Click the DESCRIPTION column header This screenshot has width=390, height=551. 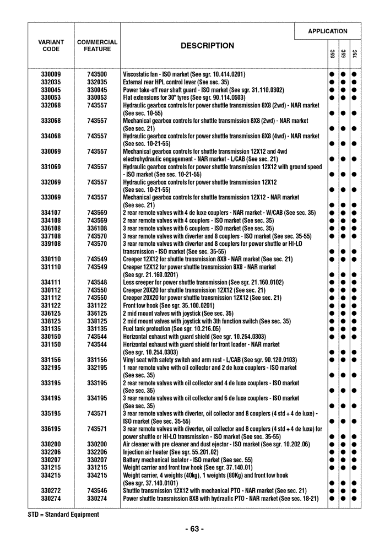pyautogui.click(x=207, y=46)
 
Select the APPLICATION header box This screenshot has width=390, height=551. pyautogui.click(x=327, y=31)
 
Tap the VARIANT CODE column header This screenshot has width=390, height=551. pyautogui.click(x=51, y=46)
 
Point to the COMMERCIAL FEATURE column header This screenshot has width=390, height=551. pyautogui.click(x=97, y=46)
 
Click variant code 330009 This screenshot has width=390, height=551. pyautogui.click(x=51, y=74)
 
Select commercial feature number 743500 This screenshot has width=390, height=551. pyautogui.click(x=97, y=74)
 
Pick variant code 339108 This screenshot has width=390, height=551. pyautogui.click(x=51, y=244)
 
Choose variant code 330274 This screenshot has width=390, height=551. pyautogui.click(x=51, y=499)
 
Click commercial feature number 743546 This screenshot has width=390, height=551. pyautogui.click(x=97, y=491)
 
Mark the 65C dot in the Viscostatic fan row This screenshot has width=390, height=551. pyautogui.click(x=344, y=74)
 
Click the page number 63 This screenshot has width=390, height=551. pyautogui.click(x=194, y=530)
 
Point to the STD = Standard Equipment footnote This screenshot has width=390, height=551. pyautogui.click(x=63, y=515)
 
